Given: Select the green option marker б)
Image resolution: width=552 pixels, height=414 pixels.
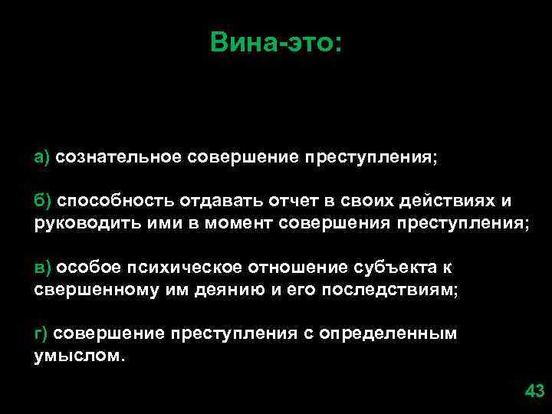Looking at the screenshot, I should click(42, 201).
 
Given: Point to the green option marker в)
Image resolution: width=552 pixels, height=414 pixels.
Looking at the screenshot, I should click(42, 267).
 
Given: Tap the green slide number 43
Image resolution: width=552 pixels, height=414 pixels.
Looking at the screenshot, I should click(534, 392).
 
